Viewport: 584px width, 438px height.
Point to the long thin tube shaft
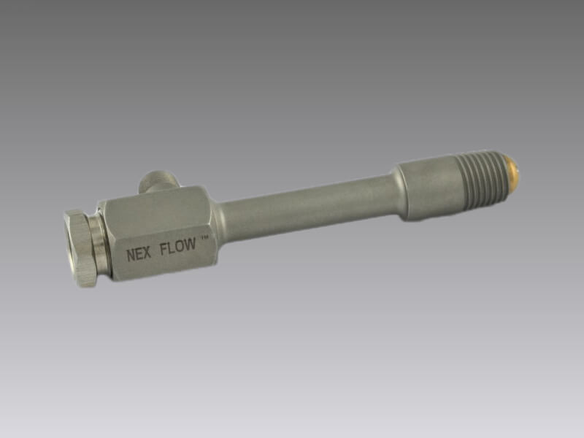pos(305,209)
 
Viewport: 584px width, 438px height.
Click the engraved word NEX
pos(139,254)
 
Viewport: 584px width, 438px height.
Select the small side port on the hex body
pos(158,181)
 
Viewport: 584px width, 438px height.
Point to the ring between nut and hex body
pos(101,241)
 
